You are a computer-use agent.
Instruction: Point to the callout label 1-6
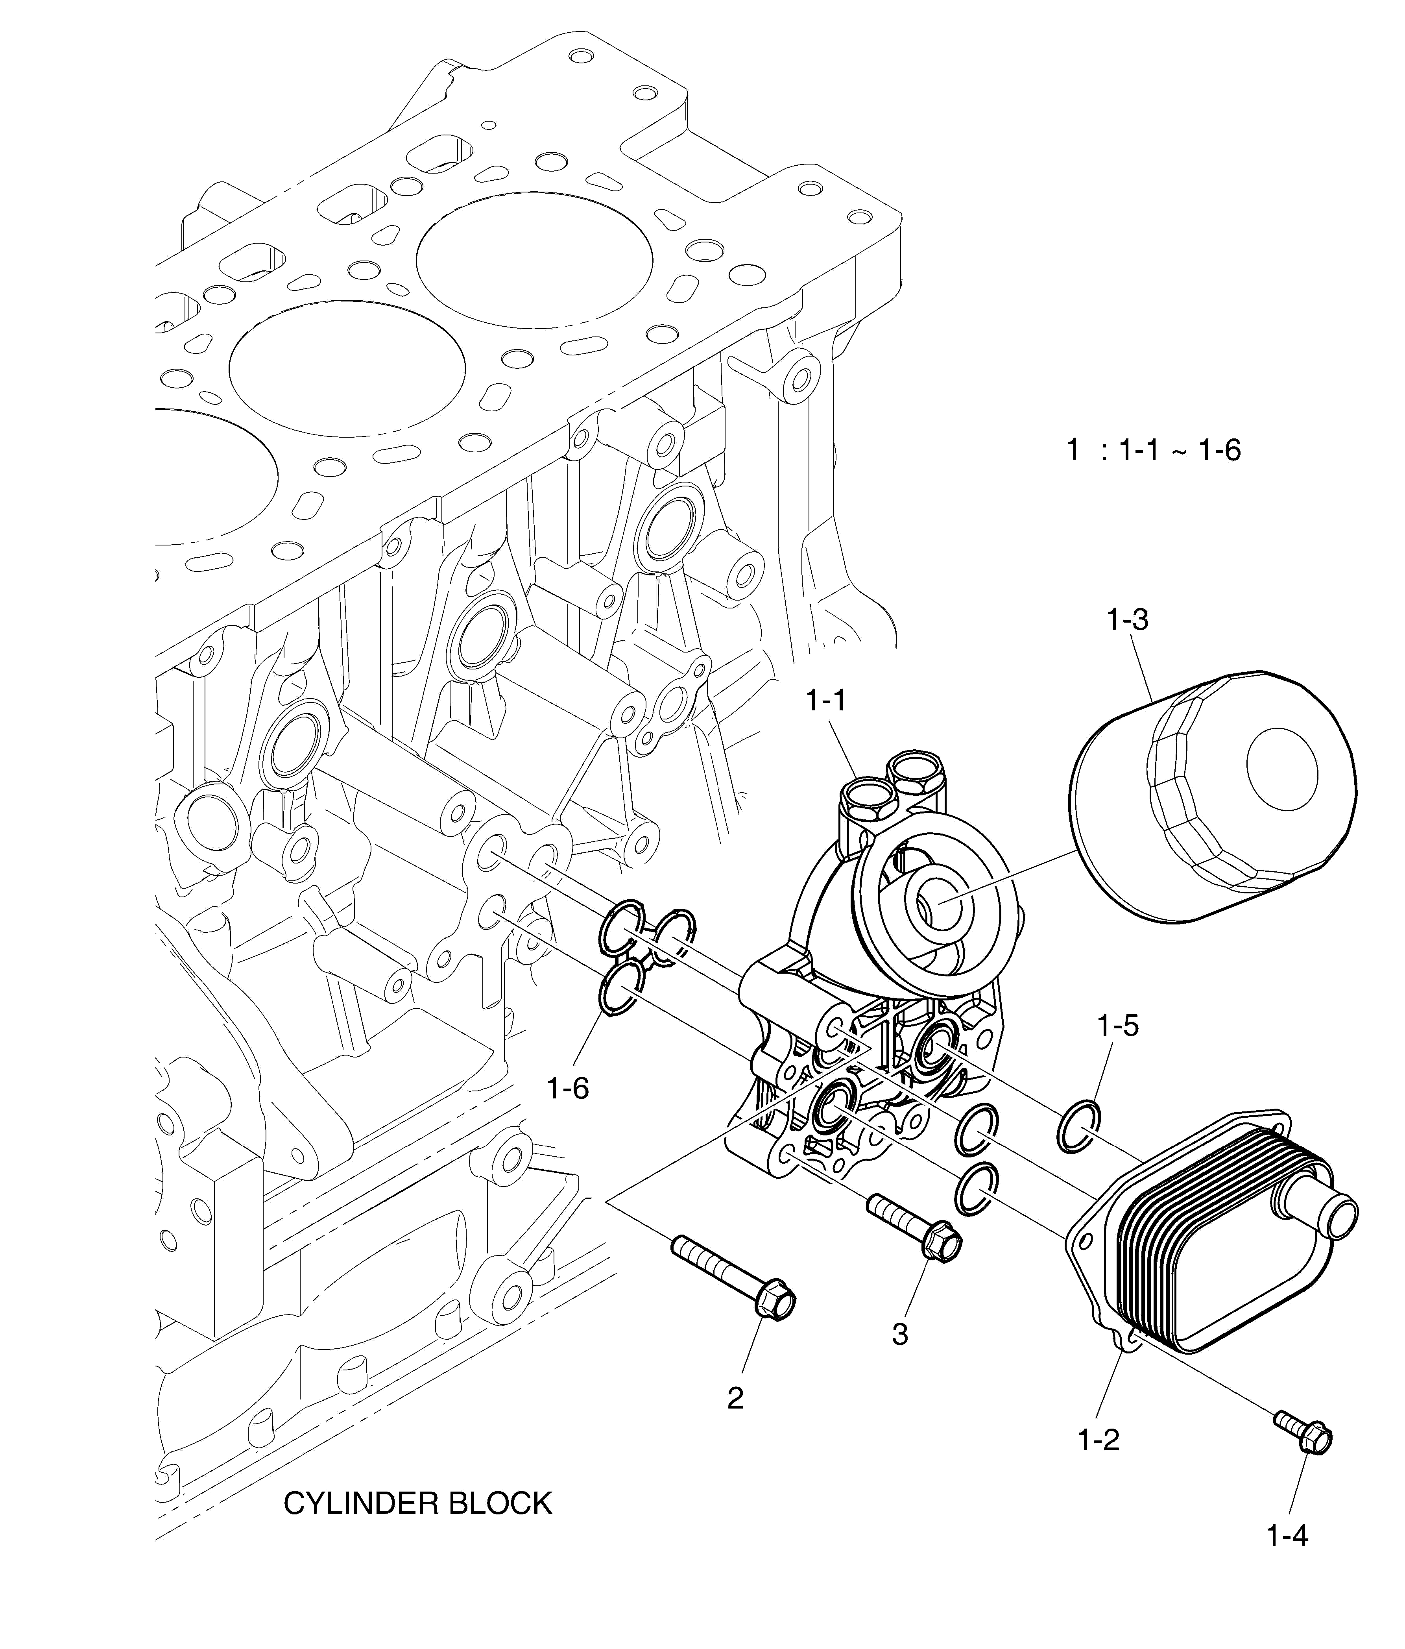(x=568, y=1087)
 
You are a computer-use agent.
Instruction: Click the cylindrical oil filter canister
(x=1209, y=796)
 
